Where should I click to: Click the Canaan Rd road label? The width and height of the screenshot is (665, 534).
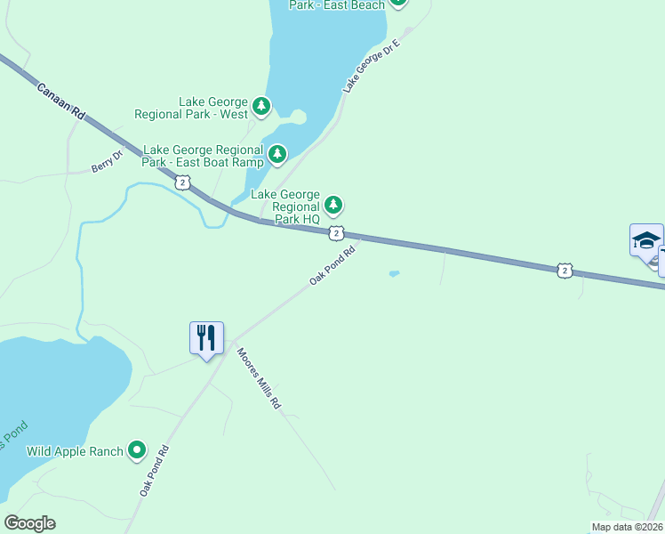[60, 101]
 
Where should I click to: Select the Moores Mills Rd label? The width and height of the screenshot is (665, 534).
[259, 377]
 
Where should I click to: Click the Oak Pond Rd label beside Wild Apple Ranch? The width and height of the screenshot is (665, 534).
[153, 471]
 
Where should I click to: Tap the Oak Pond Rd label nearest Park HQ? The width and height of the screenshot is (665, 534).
[332, 265]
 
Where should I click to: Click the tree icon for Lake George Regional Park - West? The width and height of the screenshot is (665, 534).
[260, 108]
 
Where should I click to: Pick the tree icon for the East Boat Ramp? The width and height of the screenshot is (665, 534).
[278, 156]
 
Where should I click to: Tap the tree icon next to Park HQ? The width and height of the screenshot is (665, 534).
[333, 206]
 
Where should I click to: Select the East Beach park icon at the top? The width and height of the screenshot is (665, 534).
[397, 3]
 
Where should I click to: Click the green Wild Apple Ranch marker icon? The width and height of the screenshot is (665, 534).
[136, 451]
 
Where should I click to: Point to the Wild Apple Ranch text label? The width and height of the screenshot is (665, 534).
[75, 451]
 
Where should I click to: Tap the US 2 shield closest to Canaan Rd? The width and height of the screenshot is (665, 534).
[182, 182]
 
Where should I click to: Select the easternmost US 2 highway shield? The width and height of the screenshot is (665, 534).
[564, 270]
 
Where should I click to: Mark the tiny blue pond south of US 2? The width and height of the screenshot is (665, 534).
[394, 273]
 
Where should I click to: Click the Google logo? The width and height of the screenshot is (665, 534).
[29, 523]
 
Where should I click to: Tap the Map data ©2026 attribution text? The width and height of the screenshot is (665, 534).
[628, 527]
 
